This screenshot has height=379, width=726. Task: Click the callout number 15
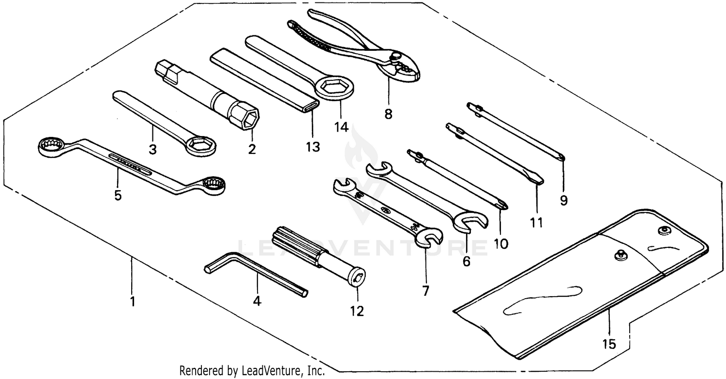tap(609, 344)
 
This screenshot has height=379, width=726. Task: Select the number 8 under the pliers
tap(388, 114)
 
